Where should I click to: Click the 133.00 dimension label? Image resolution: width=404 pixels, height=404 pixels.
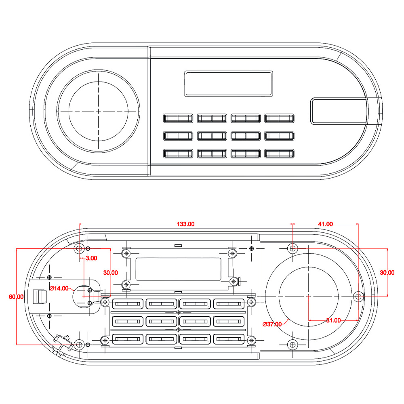coord(185,224)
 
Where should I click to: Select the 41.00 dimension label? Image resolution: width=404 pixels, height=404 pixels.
coord(325,224)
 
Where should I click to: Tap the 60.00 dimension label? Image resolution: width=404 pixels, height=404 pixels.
coord(16,297)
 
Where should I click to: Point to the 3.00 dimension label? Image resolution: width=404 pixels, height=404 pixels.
coord(91,258)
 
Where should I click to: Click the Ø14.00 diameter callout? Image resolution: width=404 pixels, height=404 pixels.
coord(59,288)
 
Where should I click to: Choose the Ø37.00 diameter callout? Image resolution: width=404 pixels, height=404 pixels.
coord(272,324)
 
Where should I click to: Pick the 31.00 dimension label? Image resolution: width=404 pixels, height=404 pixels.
coord(333,320)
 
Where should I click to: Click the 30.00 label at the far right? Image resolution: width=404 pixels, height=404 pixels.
coord(387,273)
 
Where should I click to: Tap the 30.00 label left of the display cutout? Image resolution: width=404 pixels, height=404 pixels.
coord(111,273)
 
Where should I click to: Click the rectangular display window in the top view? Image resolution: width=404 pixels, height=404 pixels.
coord(229,84)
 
